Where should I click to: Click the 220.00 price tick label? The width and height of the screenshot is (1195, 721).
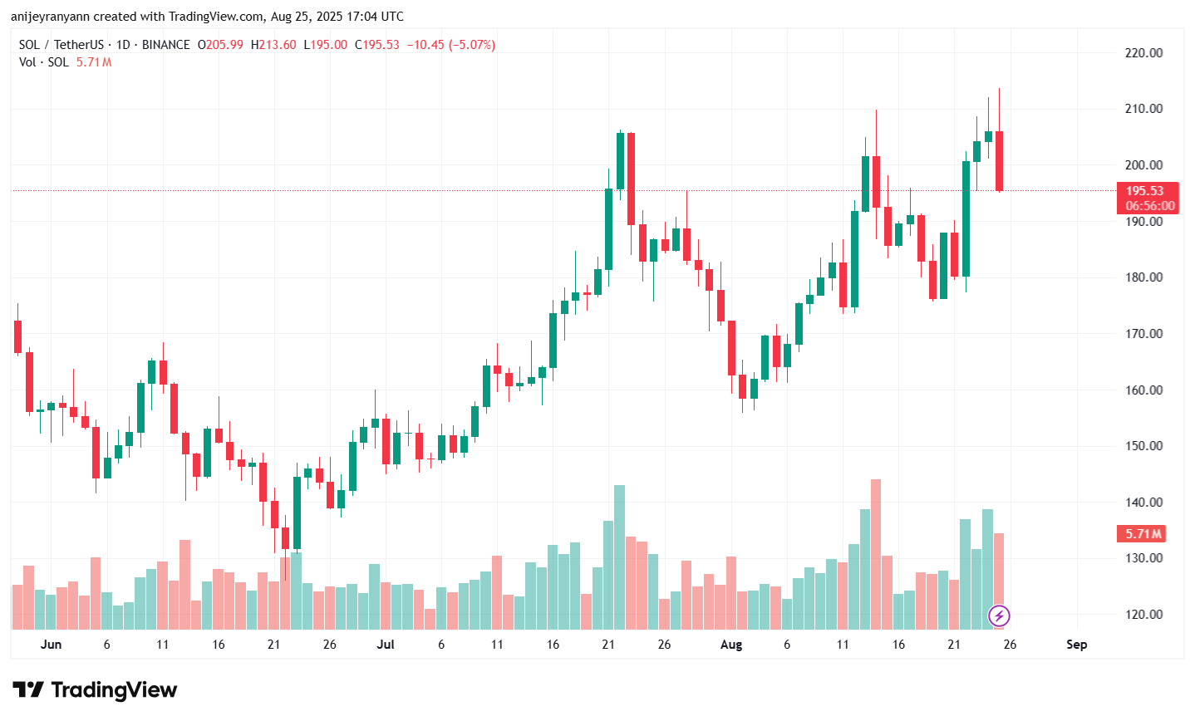pyautogui.click(x=1143, y=52)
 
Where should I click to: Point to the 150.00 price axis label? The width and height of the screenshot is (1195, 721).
pyautogui.click(x=1143, y=446)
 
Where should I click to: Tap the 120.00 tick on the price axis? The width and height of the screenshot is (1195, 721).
pyautogui.click(x=1143, y=615)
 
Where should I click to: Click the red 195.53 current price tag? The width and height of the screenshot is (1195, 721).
pyautogui.click(x=1144, y=191)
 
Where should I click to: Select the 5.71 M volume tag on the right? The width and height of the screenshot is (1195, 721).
pyautogui.click(x=1143, y=534)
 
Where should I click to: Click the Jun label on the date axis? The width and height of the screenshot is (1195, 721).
pyautogui.click(x=51, y=645)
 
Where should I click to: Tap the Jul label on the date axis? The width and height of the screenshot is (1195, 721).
pyautogui.click(x=385, y=645)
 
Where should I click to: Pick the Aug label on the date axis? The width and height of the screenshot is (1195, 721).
pyautogui.click(x=731, y=645)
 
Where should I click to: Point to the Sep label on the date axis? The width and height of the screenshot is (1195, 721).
pyautogui.click(x=1076, y=645)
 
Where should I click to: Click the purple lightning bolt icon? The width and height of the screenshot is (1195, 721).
pyautogui.click(x=999, y=616)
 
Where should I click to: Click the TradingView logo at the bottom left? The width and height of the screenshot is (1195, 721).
pyautogui.click(x=95, y=690)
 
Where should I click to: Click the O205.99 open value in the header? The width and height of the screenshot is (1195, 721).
pyautogui.click(x=220, y=45)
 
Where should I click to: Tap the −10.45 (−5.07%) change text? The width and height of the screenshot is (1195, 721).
pyautogui.click(x=450, y=45)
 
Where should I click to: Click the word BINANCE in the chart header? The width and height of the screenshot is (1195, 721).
pyautogui.click(x=165, y=45)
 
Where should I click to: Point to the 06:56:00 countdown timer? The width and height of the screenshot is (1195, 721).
pyautogui.click(x=1150, y=206)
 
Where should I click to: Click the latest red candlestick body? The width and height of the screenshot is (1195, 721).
pyautogui.click(x=999, y=160)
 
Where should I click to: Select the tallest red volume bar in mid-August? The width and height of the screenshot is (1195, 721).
pyautogui.click(x=876, y=554)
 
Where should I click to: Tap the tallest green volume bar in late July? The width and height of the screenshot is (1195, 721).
pyautogui.click(x=619, y=557)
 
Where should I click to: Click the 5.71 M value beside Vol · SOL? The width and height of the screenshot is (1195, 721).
pyautogui.click(x=94, y=62)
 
